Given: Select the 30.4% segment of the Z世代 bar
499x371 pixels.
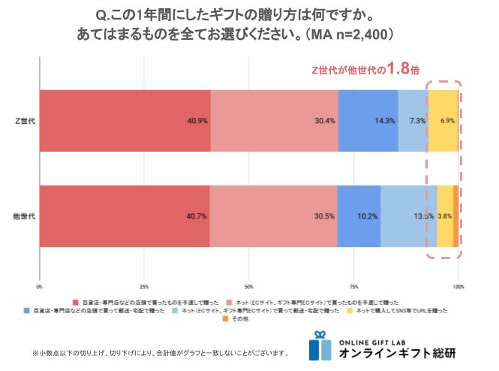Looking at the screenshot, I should (274, 121).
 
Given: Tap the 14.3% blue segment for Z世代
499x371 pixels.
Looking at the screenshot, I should (368, 121).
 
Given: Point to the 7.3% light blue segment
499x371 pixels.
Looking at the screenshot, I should (413, 121).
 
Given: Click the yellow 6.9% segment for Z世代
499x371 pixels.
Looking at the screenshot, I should (443, 121).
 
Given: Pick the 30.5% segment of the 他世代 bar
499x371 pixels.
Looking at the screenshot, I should (273, 216).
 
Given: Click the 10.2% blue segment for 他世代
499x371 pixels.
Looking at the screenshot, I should (359, 216).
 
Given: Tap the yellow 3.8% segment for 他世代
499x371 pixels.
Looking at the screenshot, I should (444, 216).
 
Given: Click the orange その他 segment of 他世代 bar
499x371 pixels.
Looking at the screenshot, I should (455, 216).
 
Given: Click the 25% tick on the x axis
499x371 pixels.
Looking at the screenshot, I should (144, 286).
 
